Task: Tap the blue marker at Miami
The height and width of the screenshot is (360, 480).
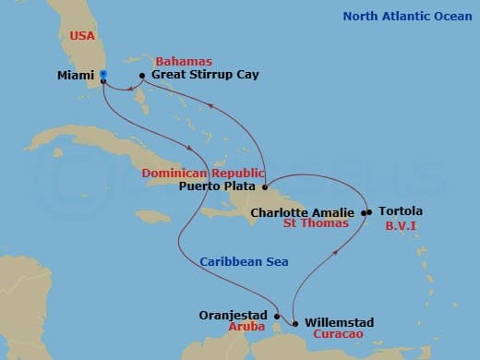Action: (102, 74)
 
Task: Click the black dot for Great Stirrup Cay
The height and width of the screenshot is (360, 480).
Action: (142, 75)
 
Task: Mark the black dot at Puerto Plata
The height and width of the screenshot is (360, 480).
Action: (264, 184)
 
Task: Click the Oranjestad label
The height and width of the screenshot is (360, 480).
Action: (234, 314)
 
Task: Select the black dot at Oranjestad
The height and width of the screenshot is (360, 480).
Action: (277, 314)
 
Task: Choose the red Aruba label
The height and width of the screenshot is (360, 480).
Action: (246, 328)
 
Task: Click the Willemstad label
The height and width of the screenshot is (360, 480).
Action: (339, 322)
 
